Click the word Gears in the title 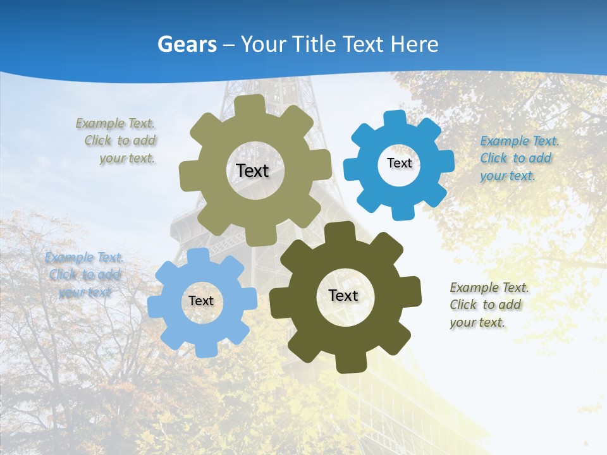187,44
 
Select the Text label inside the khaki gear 252,171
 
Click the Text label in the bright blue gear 399,163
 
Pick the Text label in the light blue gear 201,301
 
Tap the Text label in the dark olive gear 343,295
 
